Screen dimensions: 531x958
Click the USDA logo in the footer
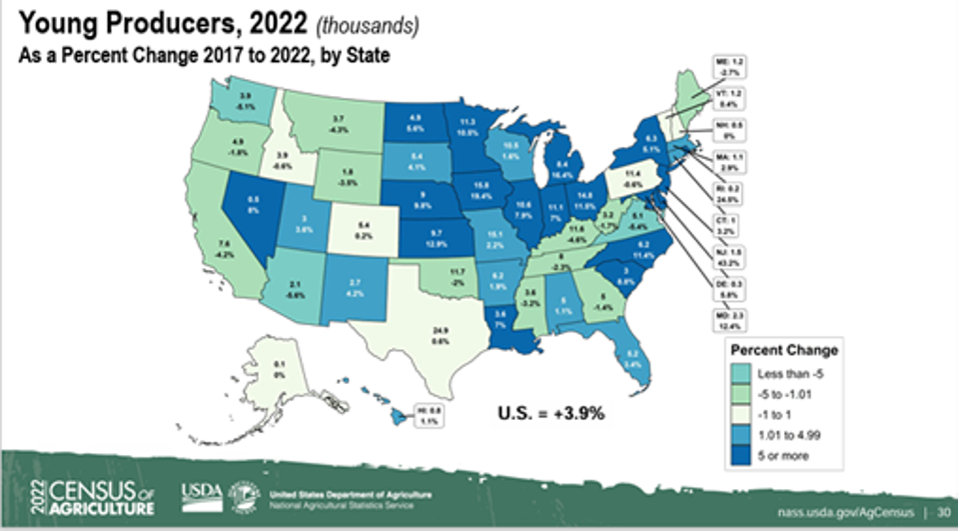point(198,495)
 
